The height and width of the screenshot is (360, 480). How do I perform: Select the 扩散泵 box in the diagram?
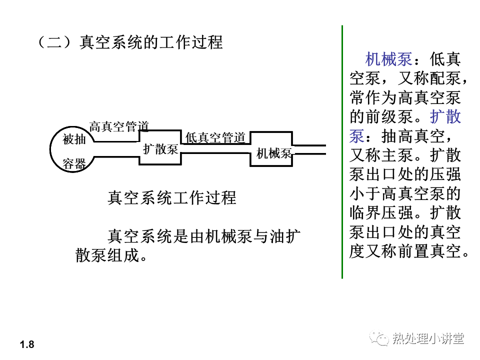click(160, 149)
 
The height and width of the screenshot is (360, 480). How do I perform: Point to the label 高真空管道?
click(119, 126)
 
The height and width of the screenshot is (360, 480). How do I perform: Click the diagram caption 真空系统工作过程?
click(171, 197)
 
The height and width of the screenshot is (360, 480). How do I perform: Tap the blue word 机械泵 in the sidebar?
click(389, 59)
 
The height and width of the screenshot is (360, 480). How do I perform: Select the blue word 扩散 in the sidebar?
click(445, 116)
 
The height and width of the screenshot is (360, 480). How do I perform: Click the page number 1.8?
click(27, 344)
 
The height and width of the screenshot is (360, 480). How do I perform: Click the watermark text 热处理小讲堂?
click(428, 338)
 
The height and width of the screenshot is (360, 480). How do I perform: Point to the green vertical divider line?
click(342, 150)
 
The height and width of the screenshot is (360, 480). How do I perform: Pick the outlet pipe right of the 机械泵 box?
click(310, 150)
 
